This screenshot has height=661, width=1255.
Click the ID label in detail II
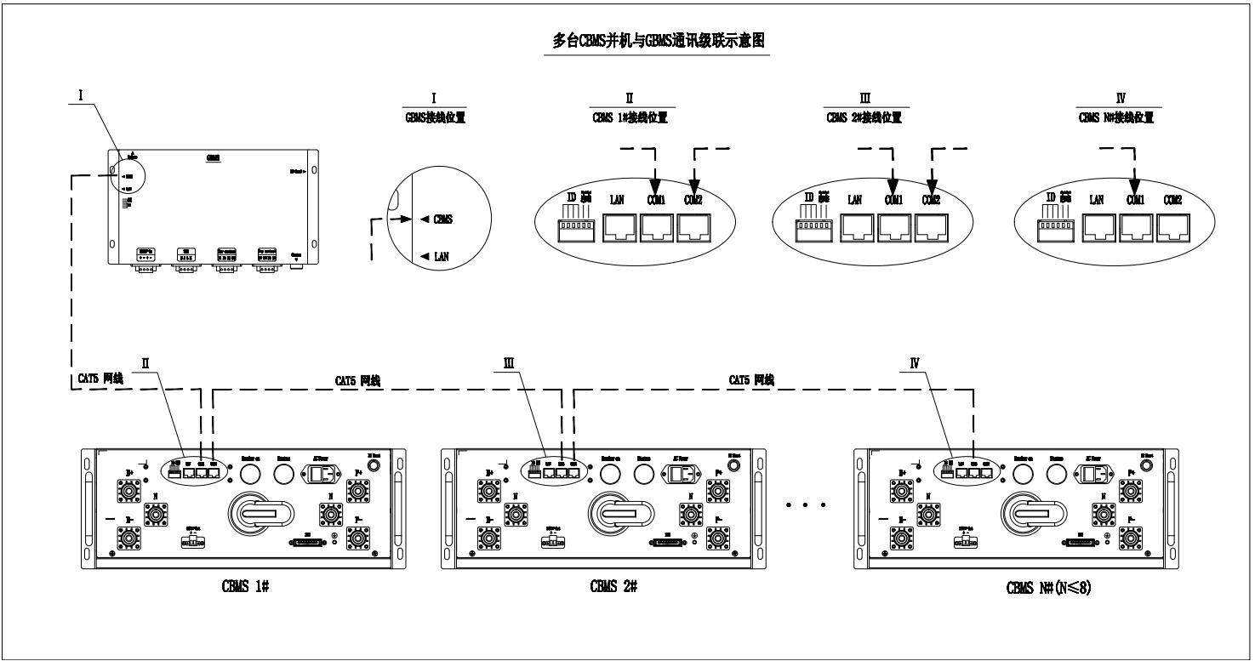tap(572, 199)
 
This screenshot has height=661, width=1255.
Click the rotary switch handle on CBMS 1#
tap(262, 514)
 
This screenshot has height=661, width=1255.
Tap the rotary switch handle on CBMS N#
tap(1036, 514)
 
